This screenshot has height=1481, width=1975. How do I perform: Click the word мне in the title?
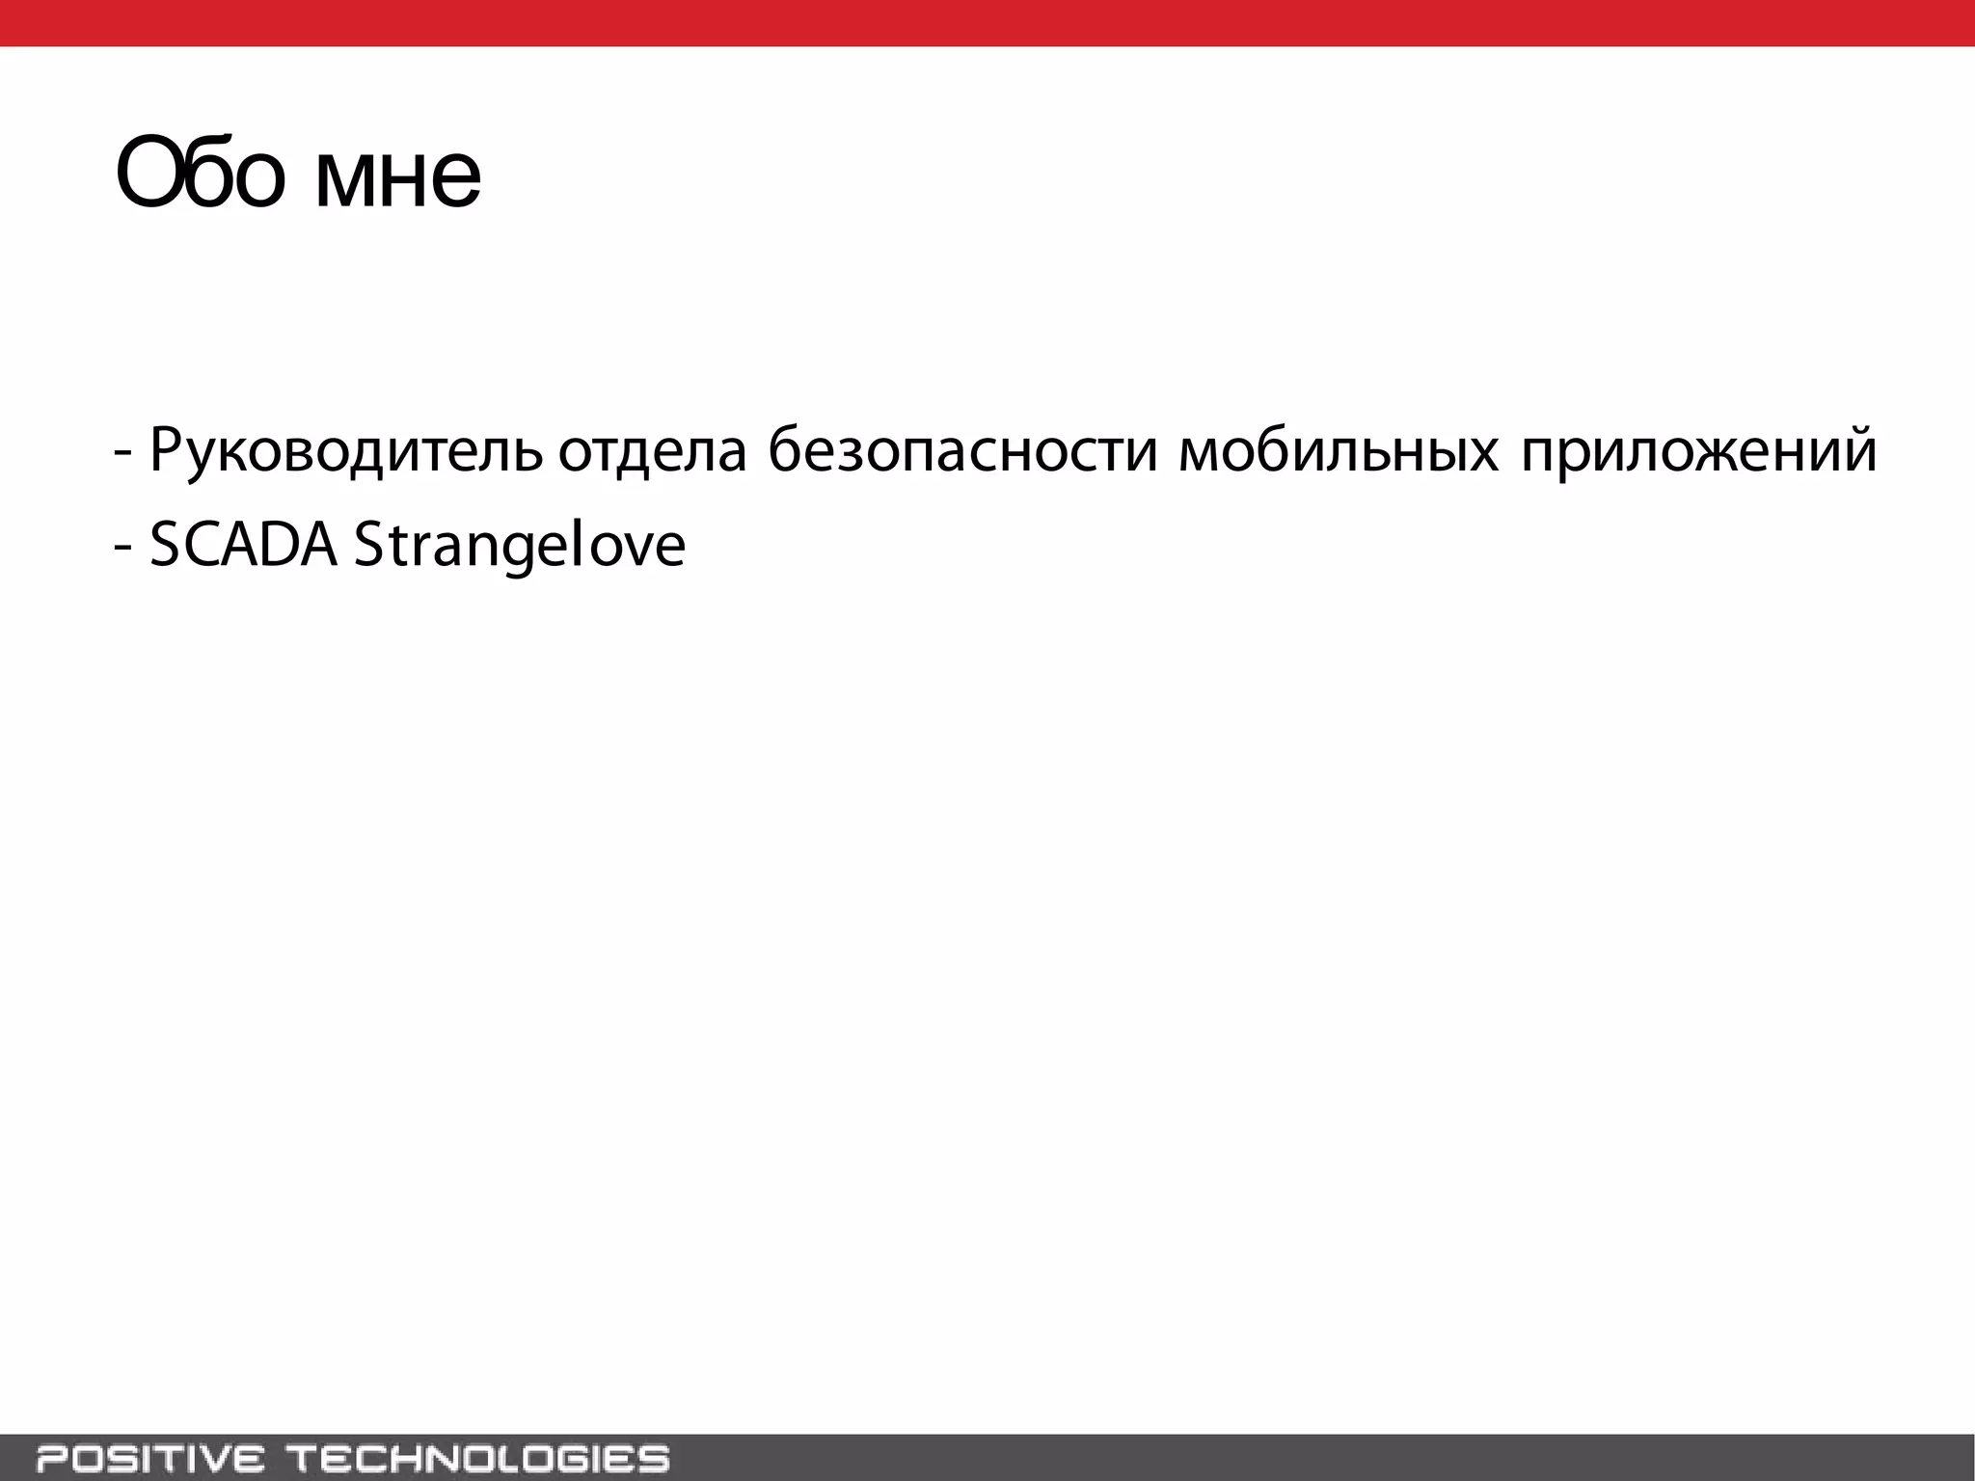397,179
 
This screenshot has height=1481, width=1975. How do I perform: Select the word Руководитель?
345,450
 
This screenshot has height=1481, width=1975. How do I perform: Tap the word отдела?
653,450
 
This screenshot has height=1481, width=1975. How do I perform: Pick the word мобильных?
1339,450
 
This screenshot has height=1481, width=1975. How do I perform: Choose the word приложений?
1698,450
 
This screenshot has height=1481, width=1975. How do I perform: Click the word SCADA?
244,546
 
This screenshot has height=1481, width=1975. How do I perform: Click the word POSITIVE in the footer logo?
149,1458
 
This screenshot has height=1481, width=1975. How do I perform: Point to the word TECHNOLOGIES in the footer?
479,1458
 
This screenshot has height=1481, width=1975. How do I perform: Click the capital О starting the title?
148,176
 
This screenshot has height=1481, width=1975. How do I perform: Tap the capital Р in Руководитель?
166,448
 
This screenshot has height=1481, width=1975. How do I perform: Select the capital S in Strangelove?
368,546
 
